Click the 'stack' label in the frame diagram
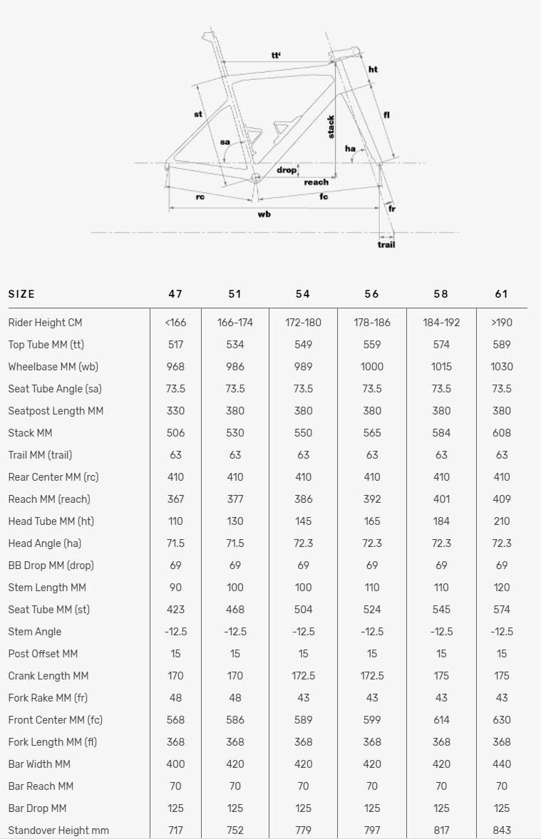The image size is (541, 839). pyautogui.click(x=331, y=127)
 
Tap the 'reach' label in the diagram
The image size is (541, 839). pyautogui.click(x=316, y=182)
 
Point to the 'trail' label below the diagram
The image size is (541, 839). pyautogui.click(x=386, y=244)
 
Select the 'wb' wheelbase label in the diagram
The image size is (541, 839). pyautogui.click(x=264, y=214)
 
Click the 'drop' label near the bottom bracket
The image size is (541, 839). pyautogui.click(x=287, y=170)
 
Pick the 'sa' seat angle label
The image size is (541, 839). pyautogui.click(x=225, y=142)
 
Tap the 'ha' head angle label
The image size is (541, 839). pyautogui.click(x=350, y=148)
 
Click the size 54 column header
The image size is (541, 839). pyautogui.click(x=303, y=294)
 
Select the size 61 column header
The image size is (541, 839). pyautogui.click(x=502, y=294)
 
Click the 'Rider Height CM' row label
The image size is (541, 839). pyautogui.click(x=45, y=323)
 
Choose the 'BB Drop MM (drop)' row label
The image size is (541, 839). pyautogui.click(x=51, y=566)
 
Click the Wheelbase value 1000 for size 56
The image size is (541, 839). pyautogui.click(x=371, y=367)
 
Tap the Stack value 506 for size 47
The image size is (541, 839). pyautogui.click(x=175, y=433)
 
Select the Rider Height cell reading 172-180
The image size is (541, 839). pyautogui.click(x=303, y=323)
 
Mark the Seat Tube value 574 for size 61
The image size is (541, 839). pyautogui.click(x=502, y=610)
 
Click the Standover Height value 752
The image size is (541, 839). pyautogui.click(x=235, y=830)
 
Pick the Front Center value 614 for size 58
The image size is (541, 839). pyautogui.click(x=441, y=720)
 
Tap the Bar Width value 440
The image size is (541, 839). pyautogui.click(x=502, y=764)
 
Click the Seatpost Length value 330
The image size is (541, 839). pyautogui.click(x=175, y=411)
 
